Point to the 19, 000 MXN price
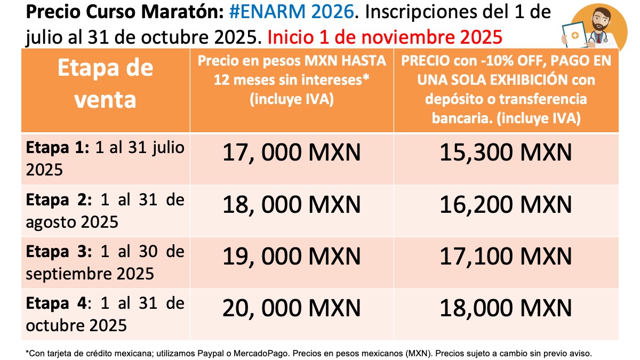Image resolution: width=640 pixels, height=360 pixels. click(x=292, y=258)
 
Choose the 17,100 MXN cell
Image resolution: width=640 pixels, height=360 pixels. click(x=506, y=258)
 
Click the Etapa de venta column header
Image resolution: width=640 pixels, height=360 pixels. click(x=105, y=84)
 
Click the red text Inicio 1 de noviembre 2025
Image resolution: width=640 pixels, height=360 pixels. click(x=385, y=37)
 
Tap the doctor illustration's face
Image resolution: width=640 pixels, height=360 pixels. click(x=601, y=18)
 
